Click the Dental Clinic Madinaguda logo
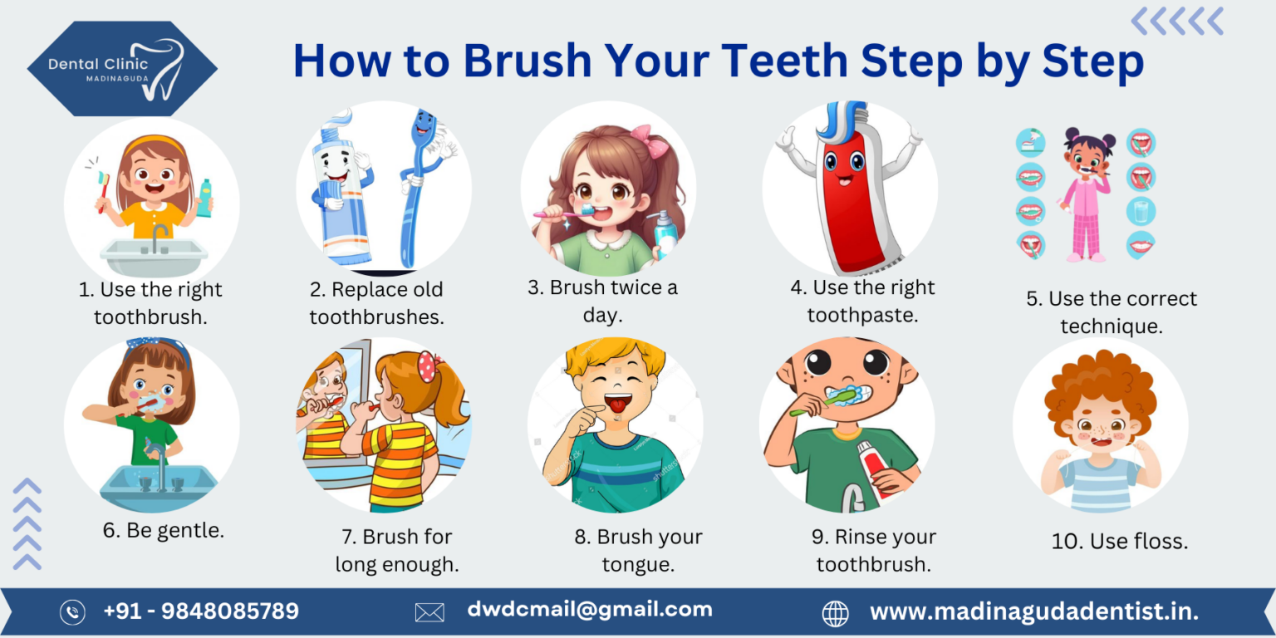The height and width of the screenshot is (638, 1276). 122,68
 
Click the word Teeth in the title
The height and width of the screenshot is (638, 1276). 786,61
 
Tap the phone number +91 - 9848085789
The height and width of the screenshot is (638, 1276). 200,611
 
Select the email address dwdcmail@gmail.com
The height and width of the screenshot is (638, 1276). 589,609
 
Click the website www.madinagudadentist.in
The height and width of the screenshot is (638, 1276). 1033,612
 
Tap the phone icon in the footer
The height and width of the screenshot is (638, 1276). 72,612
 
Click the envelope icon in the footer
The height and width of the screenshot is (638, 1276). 429,612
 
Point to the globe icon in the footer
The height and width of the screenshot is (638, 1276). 835,613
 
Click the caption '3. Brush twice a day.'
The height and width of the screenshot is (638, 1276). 602,301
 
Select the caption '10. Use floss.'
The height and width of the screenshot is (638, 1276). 1119,542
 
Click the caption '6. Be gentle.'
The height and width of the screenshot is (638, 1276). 164,530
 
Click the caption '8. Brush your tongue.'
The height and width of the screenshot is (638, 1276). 638,550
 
